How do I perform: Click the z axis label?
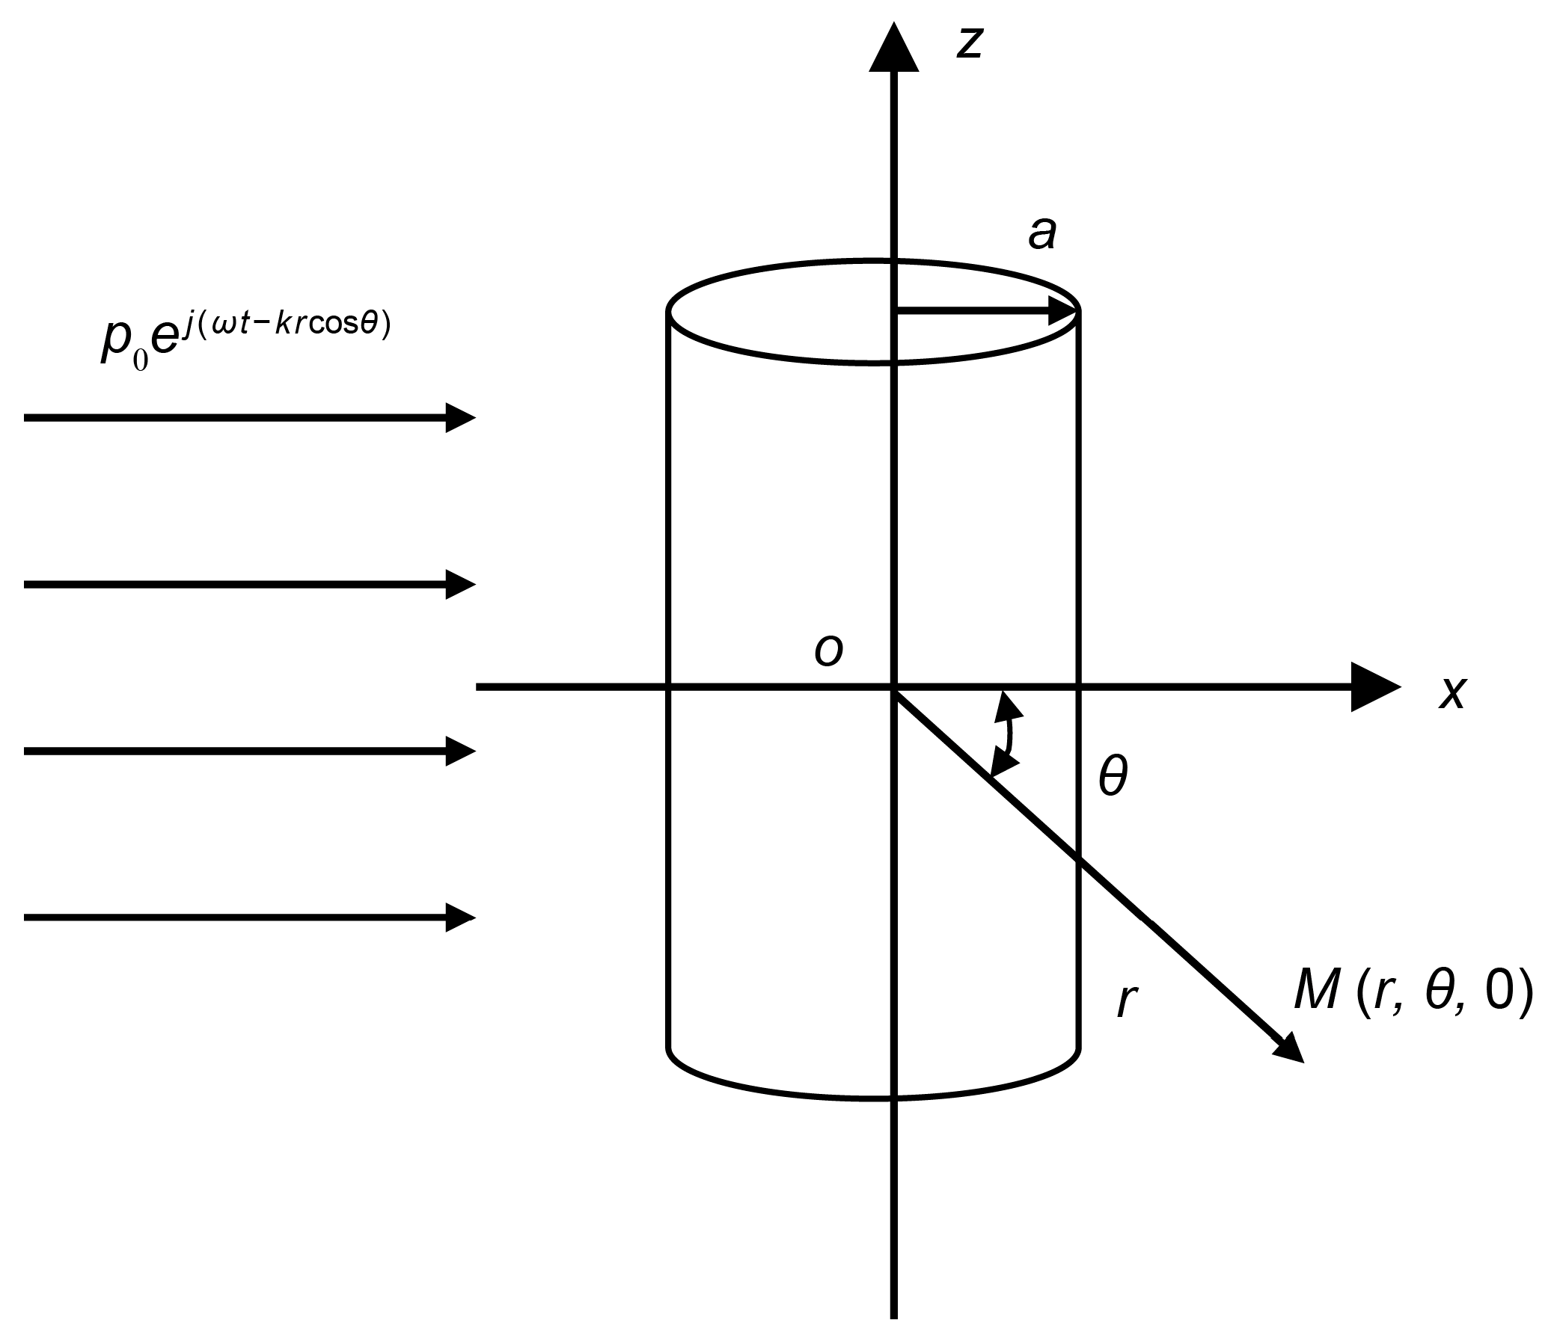pyautogui.click(x=970, y=43)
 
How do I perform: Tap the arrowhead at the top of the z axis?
pyautogui.click(x=894, y=49)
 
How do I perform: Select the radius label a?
pyautogui.click(x=1042, y=233)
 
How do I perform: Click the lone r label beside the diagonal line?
pyautogui.click(x=1127, y=1001)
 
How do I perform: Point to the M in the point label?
pyautogui.click(x=1317, y=992)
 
